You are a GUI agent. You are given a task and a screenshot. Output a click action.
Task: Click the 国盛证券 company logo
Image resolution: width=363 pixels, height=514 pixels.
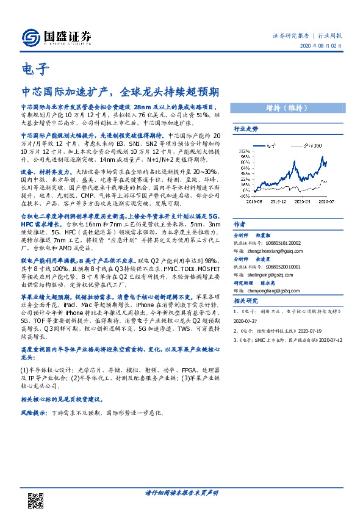57,37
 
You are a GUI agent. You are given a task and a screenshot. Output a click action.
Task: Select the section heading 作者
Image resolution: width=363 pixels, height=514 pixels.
240,224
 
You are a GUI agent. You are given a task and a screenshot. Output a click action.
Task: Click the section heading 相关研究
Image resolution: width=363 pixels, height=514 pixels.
246,301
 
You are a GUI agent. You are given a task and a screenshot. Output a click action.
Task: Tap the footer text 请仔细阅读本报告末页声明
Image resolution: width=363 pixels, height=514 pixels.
181,492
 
